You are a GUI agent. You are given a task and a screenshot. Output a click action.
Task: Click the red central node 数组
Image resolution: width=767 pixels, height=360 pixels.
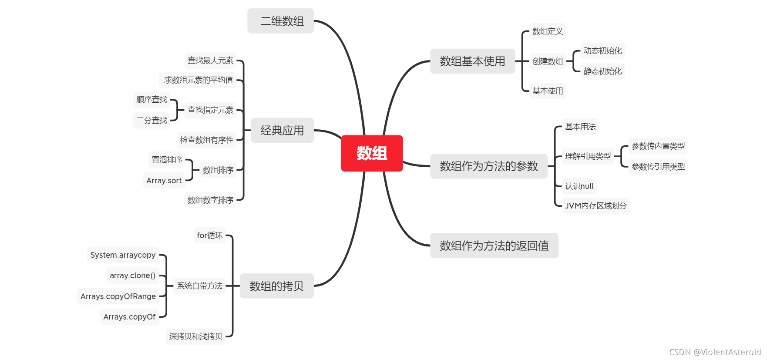tap(372, 153)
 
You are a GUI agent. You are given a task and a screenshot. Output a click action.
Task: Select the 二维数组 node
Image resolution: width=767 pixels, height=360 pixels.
tap(281, 21)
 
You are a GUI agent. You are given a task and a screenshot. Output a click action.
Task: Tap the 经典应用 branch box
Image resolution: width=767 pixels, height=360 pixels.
tap(282, 130)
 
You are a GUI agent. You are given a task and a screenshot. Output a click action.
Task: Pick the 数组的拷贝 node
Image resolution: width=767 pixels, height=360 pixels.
tap(276, 286)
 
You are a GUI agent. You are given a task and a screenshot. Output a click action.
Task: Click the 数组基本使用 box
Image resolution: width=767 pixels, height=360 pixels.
tap(472, 61)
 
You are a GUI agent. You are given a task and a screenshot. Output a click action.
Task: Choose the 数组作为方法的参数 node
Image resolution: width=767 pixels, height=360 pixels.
tap(488, 166)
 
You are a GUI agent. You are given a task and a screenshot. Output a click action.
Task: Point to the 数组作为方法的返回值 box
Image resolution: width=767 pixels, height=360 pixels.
tap(494, 246)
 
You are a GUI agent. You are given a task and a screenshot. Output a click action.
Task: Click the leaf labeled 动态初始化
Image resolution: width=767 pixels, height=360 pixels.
tap(602, 51)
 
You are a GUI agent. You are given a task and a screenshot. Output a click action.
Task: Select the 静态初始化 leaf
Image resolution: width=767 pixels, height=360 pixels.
tap(602, 71)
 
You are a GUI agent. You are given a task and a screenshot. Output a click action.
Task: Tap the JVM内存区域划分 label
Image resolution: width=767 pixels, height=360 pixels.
tap(595, 206)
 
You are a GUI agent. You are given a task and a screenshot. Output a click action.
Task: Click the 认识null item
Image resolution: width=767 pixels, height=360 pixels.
tap(579, 186)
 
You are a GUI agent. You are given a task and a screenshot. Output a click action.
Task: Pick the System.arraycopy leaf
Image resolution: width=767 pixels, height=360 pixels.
tap(123, 255)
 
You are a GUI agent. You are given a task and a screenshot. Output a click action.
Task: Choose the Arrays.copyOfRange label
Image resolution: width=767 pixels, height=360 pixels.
tap(118, 296)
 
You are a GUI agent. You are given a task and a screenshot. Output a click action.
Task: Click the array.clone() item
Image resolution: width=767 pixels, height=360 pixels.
tap(132, 276)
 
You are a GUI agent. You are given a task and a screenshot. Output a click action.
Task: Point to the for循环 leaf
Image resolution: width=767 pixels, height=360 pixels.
tap(209, 236)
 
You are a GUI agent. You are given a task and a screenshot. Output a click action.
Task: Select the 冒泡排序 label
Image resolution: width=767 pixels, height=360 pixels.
tap(167, 160)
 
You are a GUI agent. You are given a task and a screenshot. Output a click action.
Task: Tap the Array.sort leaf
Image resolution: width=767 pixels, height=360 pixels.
tap(164, 181)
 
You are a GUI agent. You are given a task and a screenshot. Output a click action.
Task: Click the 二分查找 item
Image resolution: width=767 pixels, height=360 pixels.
tap(151, 120)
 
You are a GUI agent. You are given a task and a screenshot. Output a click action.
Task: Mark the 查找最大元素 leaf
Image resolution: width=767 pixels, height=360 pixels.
tap(210, 61)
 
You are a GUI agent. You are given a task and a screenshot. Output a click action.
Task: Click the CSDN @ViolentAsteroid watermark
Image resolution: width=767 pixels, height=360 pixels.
tap(715, 352)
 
